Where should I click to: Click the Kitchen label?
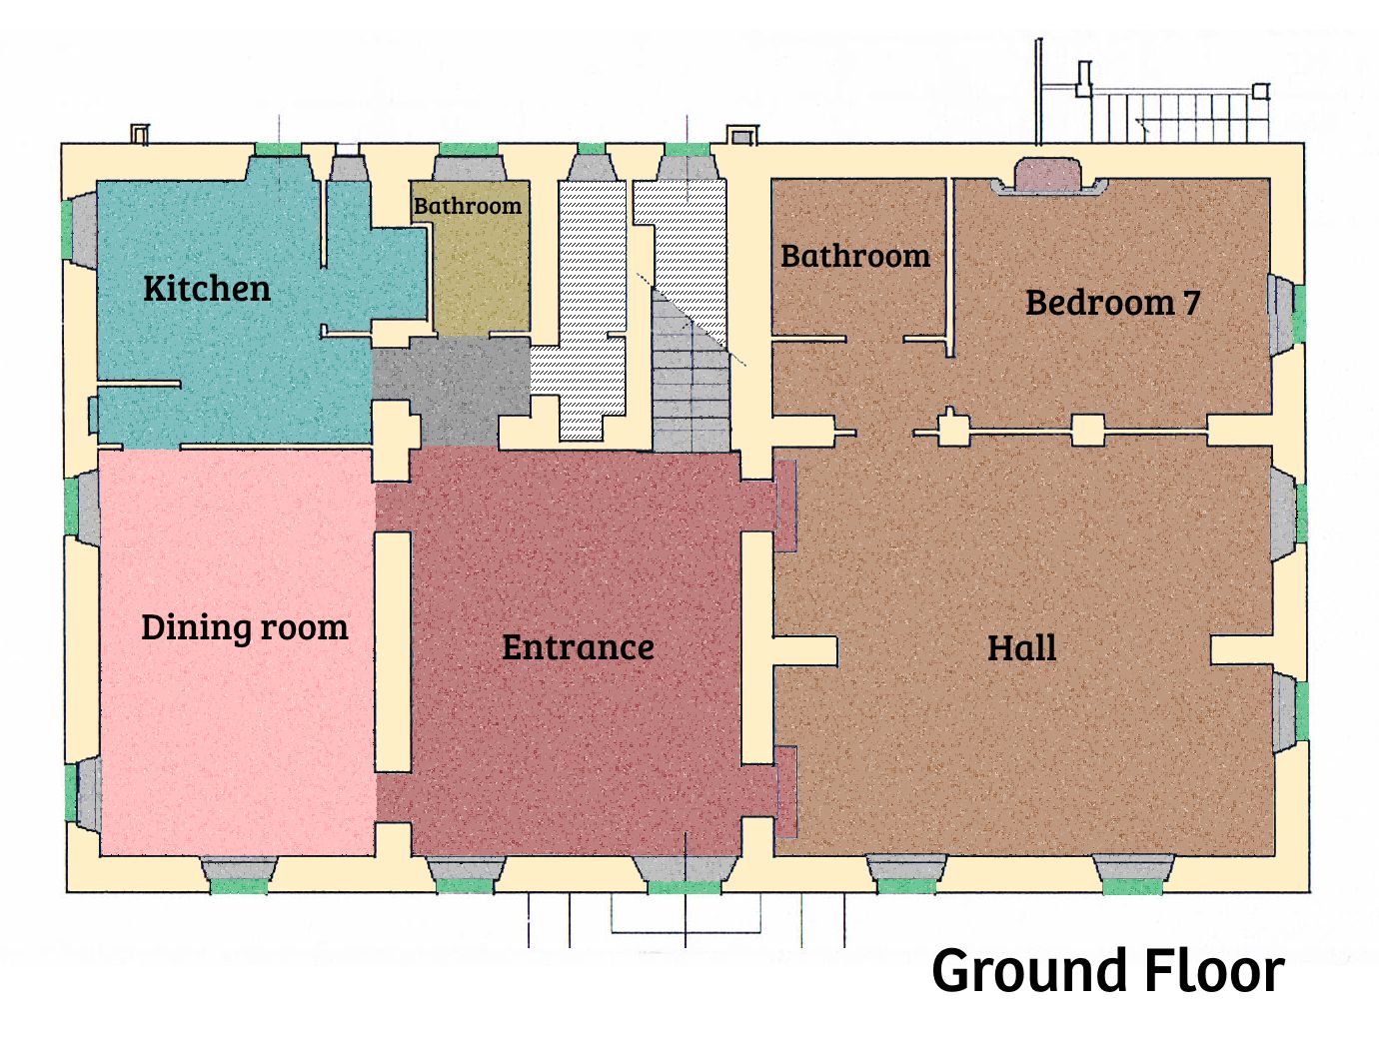point(207,289)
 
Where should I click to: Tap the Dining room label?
point(245,627)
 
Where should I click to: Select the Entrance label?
point(578,647)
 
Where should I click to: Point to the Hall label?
point(1021,647)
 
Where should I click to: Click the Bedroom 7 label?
point(1112,303)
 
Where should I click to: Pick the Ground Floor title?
point(1108,971)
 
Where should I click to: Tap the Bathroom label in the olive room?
point(468,206)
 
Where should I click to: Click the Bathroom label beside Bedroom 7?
point(855,257)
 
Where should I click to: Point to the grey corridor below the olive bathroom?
point(451,390)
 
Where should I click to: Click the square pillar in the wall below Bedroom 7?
point(1087,431)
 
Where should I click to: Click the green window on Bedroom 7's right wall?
point(1299,314)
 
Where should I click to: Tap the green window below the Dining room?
point(239,886)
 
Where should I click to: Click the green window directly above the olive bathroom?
point(469,150)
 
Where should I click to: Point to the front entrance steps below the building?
point(686,920)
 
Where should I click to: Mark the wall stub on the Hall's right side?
point(1241,649)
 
